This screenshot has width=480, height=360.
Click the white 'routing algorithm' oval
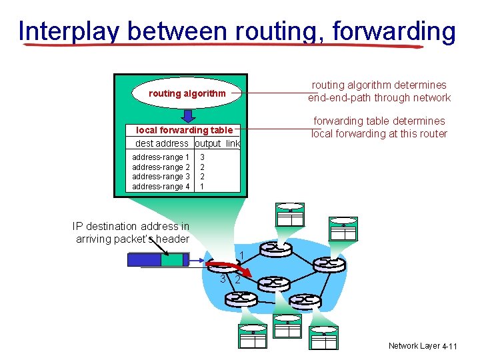[187, 93]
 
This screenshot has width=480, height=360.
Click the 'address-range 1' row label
[161, 157]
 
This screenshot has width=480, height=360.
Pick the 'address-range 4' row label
[161, 187]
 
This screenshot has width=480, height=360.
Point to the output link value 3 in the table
[202, 157]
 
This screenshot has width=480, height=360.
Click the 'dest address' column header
[161, 143]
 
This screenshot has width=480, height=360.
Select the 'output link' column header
[217, 143]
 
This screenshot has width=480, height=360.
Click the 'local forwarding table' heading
[185, 131]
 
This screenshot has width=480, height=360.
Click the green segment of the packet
[171, 259]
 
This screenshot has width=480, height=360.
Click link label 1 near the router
[241, 255]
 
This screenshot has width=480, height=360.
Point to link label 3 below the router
[223, 279]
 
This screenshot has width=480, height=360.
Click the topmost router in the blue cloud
[276, 248]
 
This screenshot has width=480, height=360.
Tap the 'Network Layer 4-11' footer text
[423, 346]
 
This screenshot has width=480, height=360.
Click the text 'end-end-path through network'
[379, 98]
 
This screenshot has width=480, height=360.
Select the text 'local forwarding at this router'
[379, 133]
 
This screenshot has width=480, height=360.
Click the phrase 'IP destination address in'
[131, 227]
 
